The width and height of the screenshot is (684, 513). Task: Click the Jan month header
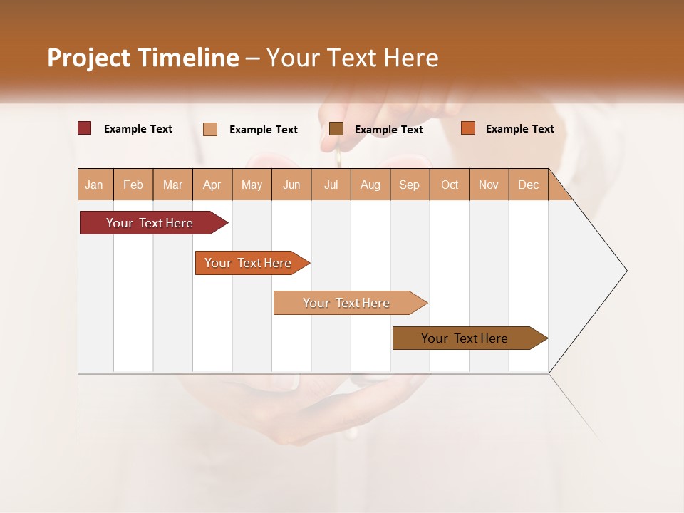tap(94, 185)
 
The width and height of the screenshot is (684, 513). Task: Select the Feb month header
tap(133, 185)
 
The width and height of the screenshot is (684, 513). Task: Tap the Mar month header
tap(172, 185)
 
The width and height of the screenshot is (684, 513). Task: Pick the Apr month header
tap(212, 185)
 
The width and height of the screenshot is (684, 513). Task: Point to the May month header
tap(252, 185)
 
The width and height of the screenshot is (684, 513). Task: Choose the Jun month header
tap(291, 185)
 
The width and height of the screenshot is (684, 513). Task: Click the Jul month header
tap(331, 185)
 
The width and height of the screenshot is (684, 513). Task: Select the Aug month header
tap(370, 185)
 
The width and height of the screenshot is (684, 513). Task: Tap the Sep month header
tap(410, 185)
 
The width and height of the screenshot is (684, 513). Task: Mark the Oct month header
tap(450, 185)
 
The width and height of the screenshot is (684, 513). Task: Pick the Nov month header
tap(489, 185)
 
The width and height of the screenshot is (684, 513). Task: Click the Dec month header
tap(529, 185)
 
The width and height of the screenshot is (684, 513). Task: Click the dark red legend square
tap(85, 128)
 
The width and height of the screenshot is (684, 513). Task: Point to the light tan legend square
tap(210, 129)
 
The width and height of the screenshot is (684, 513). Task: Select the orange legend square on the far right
tap(468, 128)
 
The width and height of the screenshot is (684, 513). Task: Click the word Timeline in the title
tap(189, 58)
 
